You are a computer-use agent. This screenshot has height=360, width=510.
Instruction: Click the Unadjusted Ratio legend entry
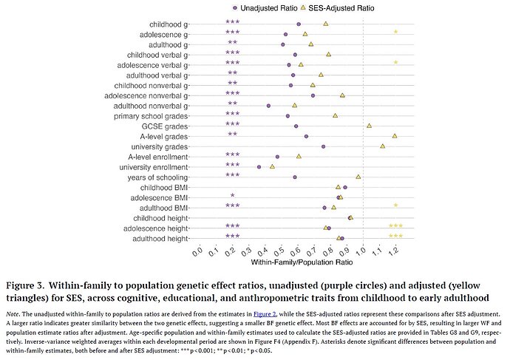[x=264, y=7]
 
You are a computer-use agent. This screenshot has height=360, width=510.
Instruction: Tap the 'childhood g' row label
[x=168, y=24]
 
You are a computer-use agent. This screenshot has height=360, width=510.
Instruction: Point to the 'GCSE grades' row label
[x=166, y=126]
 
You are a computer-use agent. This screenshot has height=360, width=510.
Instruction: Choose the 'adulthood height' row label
[x=160, y=239]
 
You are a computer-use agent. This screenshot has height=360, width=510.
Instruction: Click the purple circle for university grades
[x=324, y=146]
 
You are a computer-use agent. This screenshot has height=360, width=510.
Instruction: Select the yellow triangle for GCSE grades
[x=369, y=126]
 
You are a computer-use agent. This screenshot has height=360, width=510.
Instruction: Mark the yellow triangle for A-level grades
[x=395, y=136]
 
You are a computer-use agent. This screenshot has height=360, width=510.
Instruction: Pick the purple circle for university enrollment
[x=259, y=167]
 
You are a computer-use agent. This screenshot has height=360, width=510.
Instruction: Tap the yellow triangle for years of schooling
[x=358, y=177]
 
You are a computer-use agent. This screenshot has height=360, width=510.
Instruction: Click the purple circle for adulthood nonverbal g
[x=268, y=106]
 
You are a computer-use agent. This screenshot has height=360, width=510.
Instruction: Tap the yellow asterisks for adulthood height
[x=395, y=237]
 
